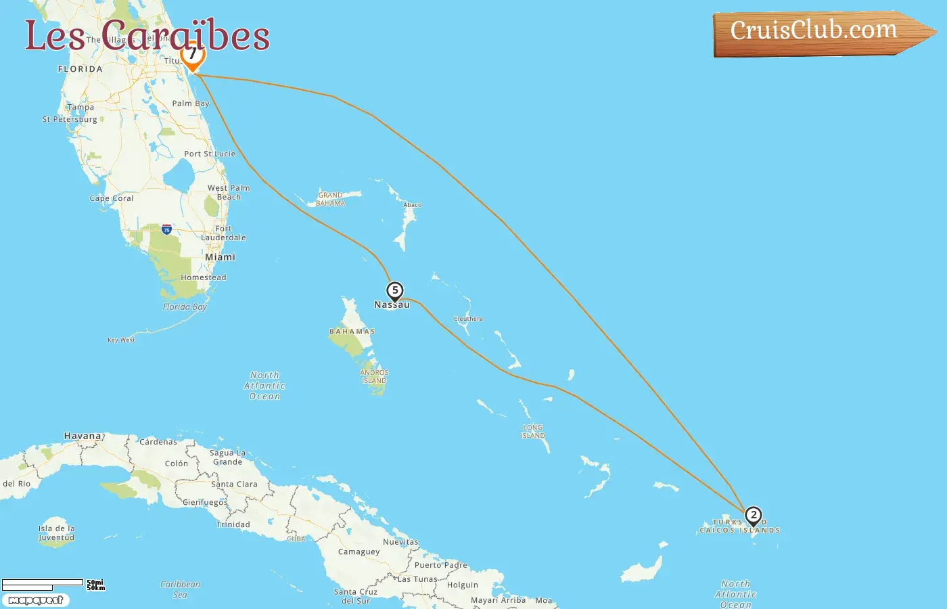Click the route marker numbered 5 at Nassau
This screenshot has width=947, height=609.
click(x=394, y=291)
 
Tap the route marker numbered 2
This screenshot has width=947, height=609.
click(x=753, y=516)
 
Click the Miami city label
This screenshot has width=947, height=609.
click(x=220, y=257)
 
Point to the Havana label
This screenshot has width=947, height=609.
click(x=83, y=436)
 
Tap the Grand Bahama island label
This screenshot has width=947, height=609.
click(x=331, y=199)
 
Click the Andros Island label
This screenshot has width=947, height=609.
click(x=374, y=376)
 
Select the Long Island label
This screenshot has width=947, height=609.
click(x=533, y=431)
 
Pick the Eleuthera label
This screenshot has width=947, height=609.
click(x=468, y=319)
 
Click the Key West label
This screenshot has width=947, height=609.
click(x=121, y=340)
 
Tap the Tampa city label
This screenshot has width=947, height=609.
click(x=80, y=107)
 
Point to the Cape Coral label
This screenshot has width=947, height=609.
click(x=112, y=198)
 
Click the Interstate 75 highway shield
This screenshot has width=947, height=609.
click(x=166, y=229)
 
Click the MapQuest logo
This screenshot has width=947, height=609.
click(x=35, y=600)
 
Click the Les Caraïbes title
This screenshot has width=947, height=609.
click(x=147, y=35)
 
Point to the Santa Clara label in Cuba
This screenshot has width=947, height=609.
click(x=234, y=484)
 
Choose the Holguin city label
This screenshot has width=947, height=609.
click(x=462, y=585)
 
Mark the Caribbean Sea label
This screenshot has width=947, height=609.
click(x=180, y=589)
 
